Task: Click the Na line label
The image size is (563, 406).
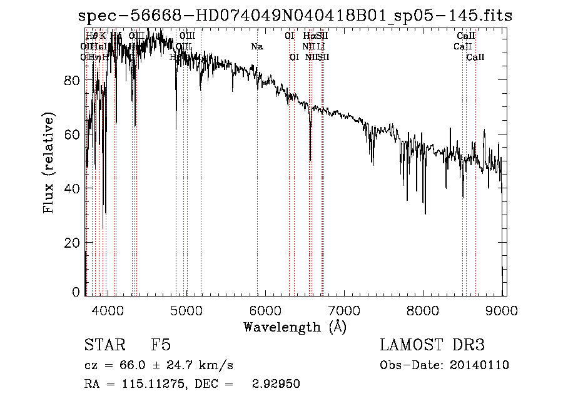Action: click(x=257, y=46)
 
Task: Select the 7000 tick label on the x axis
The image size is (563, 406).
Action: click(x=345, y=310)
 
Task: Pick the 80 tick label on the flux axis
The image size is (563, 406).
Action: click(x=73, y=80)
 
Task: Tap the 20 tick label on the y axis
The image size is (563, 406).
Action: click(x=73, y=243)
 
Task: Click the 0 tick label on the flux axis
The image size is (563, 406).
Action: click(x=76, y=292)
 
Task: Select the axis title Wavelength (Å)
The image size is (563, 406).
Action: click(x=295, y=327)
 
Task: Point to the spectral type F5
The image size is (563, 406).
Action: click(x=161, y=345)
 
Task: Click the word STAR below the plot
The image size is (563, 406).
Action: click(x=104, y=345)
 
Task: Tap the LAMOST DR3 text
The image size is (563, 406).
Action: click(x=432, y=345)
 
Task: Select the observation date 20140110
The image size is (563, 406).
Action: click(x=479, y=365)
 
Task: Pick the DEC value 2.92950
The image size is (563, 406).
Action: click(x=275, y=384)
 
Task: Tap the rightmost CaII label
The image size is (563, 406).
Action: click(x=475, y=57)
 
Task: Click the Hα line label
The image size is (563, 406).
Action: click(x=309, y=36)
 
